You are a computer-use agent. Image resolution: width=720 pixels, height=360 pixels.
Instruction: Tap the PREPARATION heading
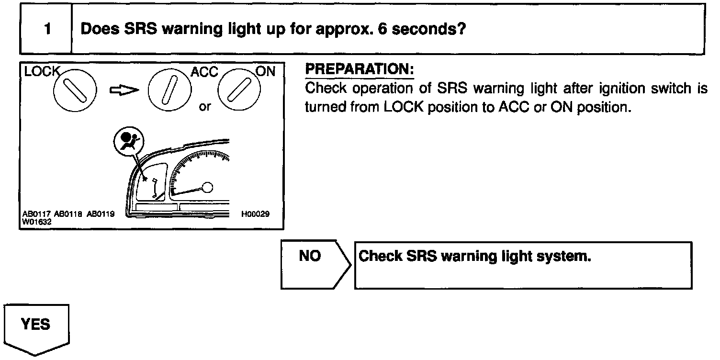click(359, 69)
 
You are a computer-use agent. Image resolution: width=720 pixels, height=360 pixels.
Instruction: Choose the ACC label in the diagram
click(204, 72)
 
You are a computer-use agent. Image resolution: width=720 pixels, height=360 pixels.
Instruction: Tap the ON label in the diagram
click(266, 72)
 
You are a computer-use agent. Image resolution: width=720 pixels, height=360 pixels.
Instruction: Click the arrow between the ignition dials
click(124, 90)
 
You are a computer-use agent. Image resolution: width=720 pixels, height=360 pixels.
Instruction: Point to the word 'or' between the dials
click(205, 106)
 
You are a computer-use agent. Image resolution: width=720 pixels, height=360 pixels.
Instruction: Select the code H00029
click(256, 214)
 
